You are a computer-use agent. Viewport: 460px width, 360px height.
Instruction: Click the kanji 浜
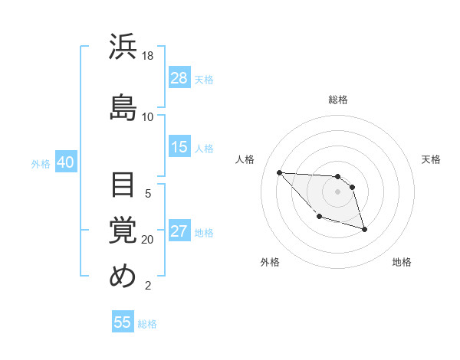(x=123, y=47)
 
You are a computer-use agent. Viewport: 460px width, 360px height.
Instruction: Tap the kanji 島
(x=123, y=106)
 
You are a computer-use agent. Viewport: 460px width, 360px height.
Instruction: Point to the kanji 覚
(x=123, y=229)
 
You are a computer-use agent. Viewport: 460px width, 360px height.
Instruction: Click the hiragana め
(x=123, y=276)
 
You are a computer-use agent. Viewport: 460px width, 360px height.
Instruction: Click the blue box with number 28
(x=179, y=78)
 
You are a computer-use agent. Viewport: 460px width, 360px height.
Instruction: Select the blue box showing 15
(x=179, y=147)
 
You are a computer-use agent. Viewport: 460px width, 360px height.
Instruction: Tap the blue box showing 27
(x=179, y=232)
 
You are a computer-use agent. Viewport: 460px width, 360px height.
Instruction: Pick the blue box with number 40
(x=65, y=162)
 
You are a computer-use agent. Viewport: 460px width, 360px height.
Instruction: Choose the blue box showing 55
(x=123, y=322)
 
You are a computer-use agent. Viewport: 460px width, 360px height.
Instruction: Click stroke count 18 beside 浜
(x=148, y=56)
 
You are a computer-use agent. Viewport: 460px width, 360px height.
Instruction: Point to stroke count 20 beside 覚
(x=148, y=240)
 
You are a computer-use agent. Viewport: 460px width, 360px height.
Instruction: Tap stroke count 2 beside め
(x=148, y=286)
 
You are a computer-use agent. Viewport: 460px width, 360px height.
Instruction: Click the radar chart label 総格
(x=338, y=100)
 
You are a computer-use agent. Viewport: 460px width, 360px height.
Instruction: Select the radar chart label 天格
(x=431, y=159)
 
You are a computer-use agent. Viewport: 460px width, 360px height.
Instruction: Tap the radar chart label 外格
(x=270, y=262)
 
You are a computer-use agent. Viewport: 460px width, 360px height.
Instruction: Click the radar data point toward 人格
(x=279, y=172)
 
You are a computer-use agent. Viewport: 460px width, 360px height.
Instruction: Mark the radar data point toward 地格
(x=364, y=229)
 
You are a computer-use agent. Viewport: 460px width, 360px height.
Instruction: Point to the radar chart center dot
(x=337, y=191)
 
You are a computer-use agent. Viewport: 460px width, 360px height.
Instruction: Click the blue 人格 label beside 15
(x=204, y=148)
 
